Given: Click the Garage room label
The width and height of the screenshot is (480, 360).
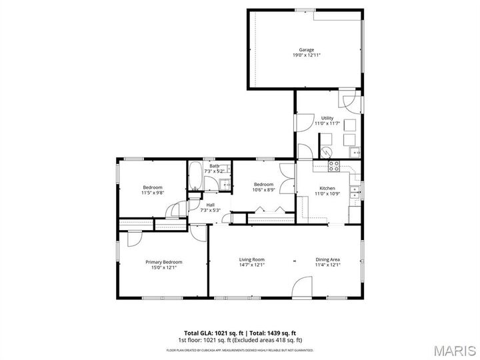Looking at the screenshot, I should point(306,50).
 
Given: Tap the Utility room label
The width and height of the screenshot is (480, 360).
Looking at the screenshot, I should point(327,119).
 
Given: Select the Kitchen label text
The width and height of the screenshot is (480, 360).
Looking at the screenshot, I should point(327,189).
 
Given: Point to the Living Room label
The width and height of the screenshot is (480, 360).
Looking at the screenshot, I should point(252,259).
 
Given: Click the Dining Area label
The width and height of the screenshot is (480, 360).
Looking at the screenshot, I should point(328,259).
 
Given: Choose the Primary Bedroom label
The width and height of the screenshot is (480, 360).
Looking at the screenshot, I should point(163,262).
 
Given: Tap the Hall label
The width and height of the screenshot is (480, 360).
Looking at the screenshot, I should point(210,205).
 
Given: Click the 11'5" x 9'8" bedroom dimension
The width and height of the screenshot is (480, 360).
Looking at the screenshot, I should point(153,193).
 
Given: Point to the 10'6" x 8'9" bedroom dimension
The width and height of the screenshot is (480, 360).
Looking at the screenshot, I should point(263,190).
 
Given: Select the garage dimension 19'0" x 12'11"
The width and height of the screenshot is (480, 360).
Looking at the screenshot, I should point(306,55).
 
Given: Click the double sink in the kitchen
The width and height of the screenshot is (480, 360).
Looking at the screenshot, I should point(357,195).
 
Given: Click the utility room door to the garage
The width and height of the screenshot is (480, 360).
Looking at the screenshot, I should point(349,101).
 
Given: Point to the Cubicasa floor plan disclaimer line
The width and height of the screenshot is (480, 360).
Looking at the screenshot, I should point(240,349).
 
